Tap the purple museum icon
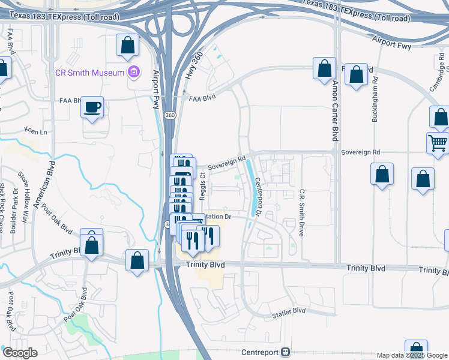(134, 73)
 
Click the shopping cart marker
(438, 143)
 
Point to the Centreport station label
(261, 352)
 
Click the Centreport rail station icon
(286, 352)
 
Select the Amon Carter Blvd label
(336, 111)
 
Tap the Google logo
(19, 353)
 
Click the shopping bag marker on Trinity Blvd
(137, 262)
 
